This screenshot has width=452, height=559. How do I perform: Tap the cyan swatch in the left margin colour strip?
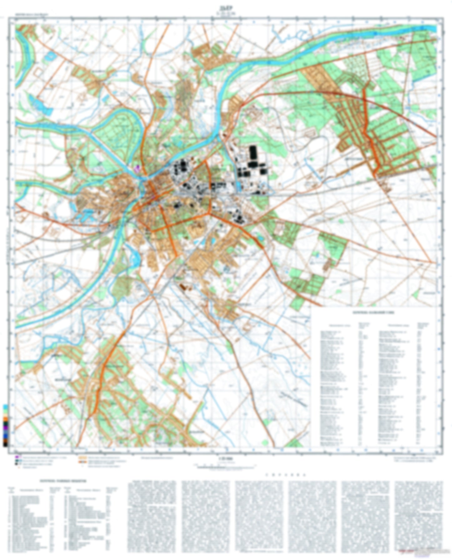coord(5,407)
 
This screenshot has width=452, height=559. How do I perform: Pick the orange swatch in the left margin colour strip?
coord(5,418)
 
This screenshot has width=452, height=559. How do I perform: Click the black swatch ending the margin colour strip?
coord(5,444)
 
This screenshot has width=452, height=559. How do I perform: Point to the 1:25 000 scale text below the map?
coord(226,459)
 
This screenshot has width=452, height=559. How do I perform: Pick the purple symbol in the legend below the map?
coord(17,457)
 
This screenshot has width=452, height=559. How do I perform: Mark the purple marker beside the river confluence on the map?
coord(136,168)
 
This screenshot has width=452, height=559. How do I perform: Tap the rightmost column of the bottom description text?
coord(419,516)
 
